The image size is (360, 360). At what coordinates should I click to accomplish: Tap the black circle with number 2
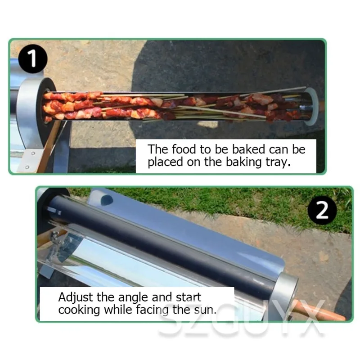click(322, 210)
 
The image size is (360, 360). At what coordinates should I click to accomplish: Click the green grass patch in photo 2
click(252, 202)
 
